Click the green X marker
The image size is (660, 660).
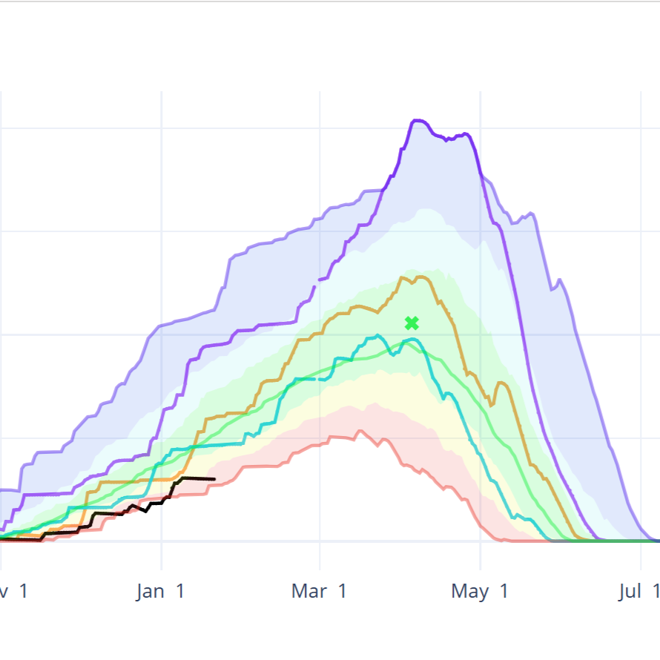click(x=412, y=323)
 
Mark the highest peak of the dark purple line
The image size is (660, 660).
click(x=416, y=119)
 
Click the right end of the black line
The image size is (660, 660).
click(x=214, y=479)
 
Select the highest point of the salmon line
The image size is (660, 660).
click(x=361, y=431)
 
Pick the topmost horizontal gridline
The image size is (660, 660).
click(x=330, y=128)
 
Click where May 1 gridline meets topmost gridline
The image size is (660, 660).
click(x=481, y=128)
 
